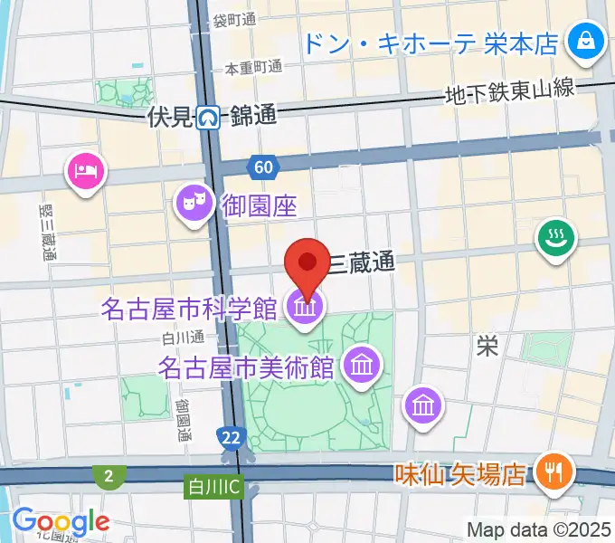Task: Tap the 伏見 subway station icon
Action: pos(210,116)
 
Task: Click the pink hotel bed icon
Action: pos(86,169)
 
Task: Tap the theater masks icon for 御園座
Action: pos(192,199)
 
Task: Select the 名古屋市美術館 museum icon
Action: pos(363,366)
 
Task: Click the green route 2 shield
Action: pos(108,476)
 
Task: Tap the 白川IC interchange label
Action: pos(214,487)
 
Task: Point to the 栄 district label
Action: pos(488,346)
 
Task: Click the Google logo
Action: pos(61,521)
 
